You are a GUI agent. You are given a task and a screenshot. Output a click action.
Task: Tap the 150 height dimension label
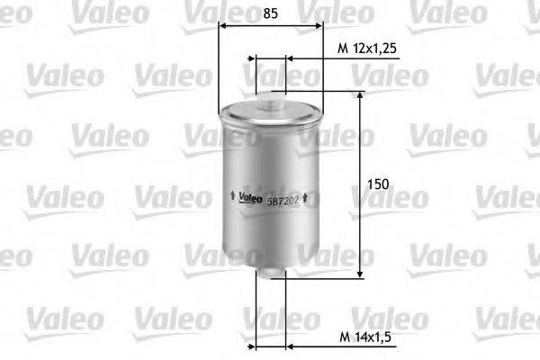(x=379, y=184)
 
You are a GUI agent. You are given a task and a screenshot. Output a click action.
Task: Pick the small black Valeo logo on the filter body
(x=251, y=198)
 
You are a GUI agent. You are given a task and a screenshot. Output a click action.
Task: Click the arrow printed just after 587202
(x=306, y=197)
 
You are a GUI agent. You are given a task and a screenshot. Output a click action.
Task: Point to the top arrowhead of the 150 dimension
(x=361, y=94)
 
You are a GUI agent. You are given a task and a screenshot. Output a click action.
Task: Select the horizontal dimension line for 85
(x=272, y=28)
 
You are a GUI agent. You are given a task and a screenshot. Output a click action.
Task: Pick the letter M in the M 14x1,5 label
(x=343, y=337)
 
